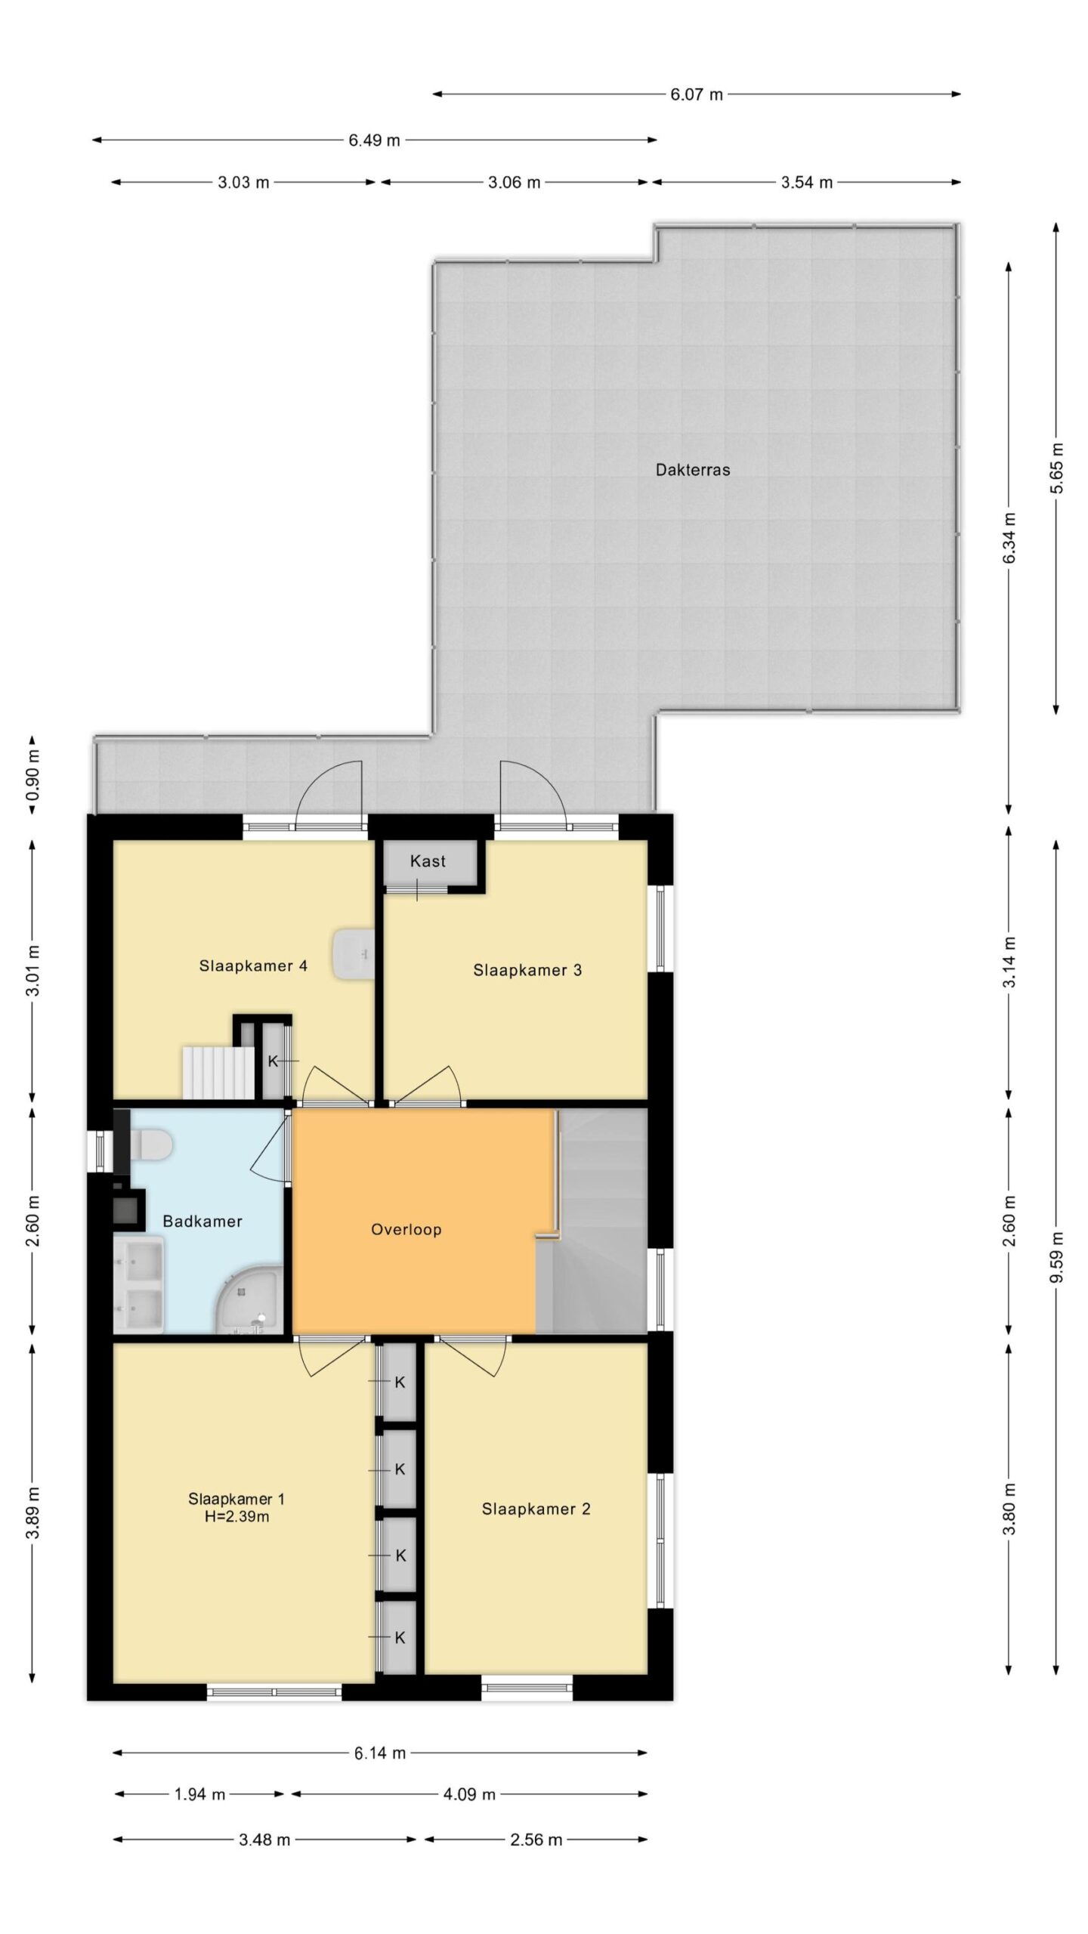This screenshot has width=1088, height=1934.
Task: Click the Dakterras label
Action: [x=692, y=470]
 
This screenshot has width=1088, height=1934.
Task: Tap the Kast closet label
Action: [x=428, y=861]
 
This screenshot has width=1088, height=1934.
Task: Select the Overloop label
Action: [x=406, y=1230]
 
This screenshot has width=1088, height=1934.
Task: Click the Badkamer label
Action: [x=202, y=1221]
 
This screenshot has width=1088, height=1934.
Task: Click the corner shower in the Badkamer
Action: [x=249, y=1298]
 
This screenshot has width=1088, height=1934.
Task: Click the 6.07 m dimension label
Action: [x=697, y=94]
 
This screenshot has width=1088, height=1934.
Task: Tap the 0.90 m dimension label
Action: [x=32, y=775]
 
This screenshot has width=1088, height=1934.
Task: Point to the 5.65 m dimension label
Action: [x=1056, y=468]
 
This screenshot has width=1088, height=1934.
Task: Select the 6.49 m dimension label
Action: [x=374, y=141]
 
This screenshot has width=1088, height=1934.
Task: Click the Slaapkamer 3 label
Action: [x=527, y=970]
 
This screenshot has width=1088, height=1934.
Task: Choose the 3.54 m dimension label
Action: [x=807, y=182]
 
